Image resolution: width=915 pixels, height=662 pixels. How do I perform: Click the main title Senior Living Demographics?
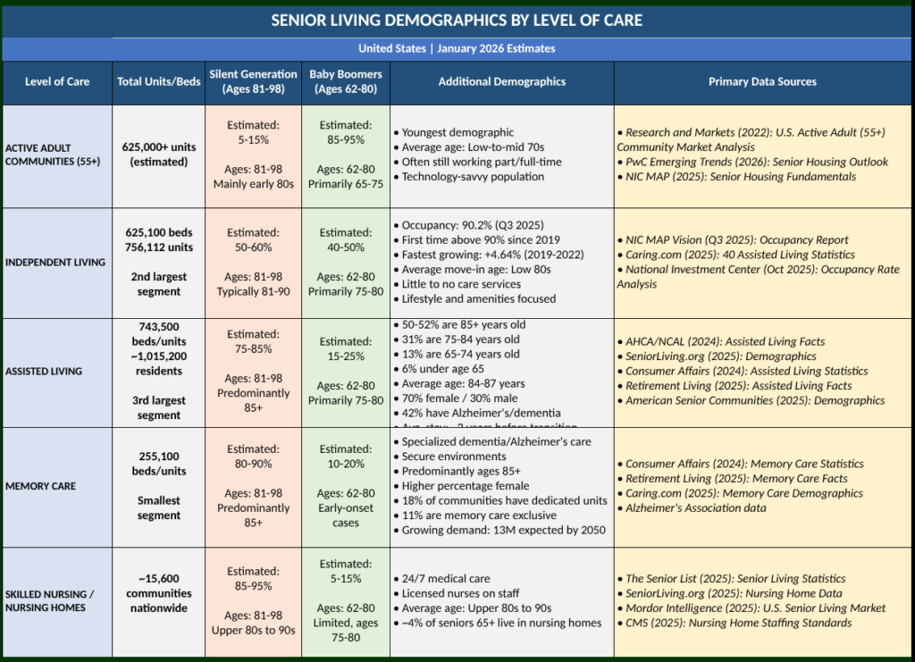pos(457,21)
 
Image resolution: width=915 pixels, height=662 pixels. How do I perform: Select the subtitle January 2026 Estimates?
pos(457,48)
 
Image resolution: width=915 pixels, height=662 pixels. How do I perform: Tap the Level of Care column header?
pos(57,81)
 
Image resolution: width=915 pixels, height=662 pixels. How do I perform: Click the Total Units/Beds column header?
pos(158,81)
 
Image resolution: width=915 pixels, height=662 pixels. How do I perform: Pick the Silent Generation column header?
pos(253,81)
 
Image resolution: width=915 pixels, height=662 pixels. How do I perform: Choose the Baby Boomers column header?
pos(346,81)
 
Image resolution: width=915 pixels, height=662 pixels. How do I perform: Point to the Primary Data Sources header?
pos(762,81)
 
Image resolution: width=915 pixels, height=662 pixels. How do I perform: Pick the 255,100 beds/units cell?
pos(158,464)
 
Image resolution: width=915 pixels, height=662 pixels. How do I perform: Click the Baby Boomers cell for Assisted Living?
pos(346,371)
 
